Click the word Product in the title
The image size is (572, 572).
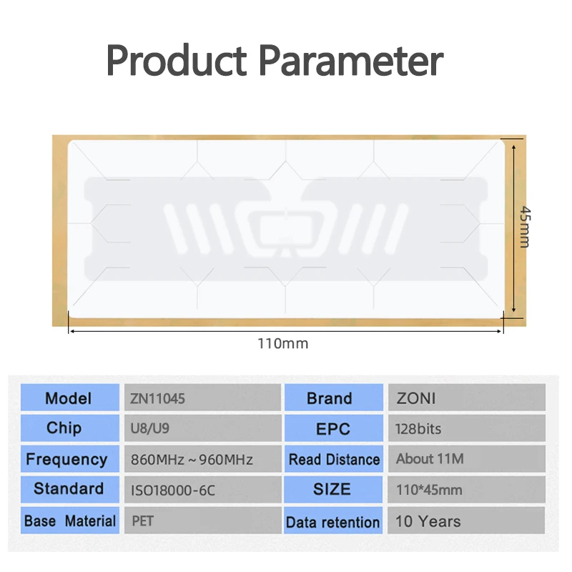[177, 61]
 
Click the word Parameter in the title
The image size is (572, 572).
[351, 61]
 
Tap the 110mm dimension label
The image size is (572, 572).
[283, 344]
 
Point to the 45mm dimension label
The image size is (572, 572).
[525, 227]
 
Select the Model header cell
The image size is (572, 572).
[69, 398]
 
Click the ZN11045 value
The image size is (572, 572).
[157, 398]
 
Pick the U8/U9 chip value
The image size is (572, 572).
[150, 428]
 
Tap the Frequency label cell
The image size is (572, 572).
[69, 458]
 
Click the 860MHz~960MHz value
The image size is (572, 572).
[192, 460]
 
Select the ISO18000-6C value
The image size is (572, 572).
[173, 490]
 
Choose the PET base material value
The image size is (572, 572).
[142, 521]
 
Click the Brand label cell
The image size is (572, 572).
[334, 398]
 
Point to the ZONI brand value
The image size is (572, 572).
[416, 398]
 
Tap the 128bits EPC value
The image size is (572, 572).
[418, 429]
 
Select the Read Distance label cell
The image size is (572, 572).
[334, 458]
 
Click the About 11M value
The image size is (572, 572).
[430, 459]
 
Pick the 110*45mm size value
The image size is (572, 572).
[429, 490]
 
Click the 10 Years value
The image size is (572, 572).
[428, 521]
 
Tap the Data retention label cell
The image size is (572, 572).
[333, 521]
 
